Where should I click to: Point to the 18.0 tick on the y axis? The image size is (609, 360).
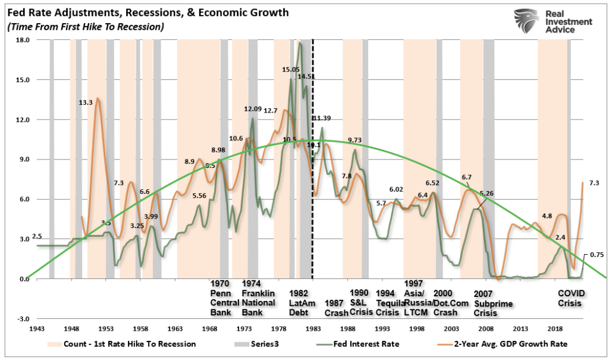pos(23,40)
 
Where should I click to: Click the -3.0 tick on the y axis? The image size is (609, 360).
pos(23,319)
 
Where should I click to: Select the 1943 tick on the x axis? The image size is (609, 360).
pos(37,328)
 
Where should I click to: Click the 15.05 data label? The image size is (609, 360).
pos(290,70)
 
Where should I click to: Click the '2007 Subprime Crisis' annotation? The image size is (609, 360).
pos(487,302)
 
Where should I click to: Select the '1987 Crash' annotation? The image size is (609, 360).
pos(335,308)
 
